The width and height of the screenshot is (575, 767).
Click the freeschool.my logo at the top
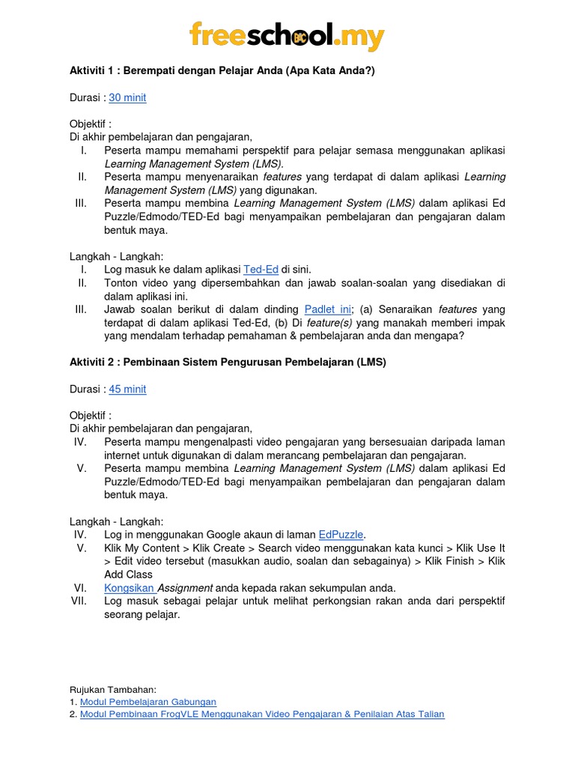(287, 37)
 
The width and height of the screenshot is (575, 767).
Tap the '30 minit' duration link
(127, 97)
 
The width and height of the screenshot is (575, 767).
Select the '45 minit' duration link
(127, 389)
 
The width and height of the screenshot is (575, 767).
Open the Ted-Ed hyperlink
(261, 269)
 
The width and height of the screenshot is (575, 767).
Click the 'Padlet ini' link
(328, 309)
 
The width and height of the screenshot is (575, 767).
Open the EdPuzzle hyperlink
(341, 534)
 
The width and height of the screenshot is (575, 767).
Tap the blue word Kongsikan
(129, 588)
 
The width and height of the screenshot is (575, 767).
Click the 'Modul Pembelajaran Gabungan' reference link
(148, 702)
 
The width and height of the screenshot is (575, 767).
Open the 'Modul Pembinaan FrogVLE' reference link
(262, 715)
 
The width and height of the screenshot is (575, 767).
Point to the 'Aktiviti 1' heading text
(221, 70)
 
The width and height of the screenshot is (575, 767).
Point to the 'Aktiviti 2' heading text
(228, 363)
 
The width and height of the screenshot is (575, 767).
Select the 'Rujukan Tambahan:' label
(112, 689)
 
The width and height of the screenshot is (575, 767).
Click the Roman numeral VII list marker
(79, 601)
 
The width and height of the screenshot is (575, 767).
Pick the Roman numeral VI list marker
(81, 588)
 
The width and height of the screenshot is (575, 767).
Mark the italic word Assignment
(184, 588)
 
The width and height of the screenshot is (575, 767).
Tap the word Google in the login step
(219, 534)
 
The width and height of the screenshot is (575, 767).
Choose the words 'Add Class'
(129, 575)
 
